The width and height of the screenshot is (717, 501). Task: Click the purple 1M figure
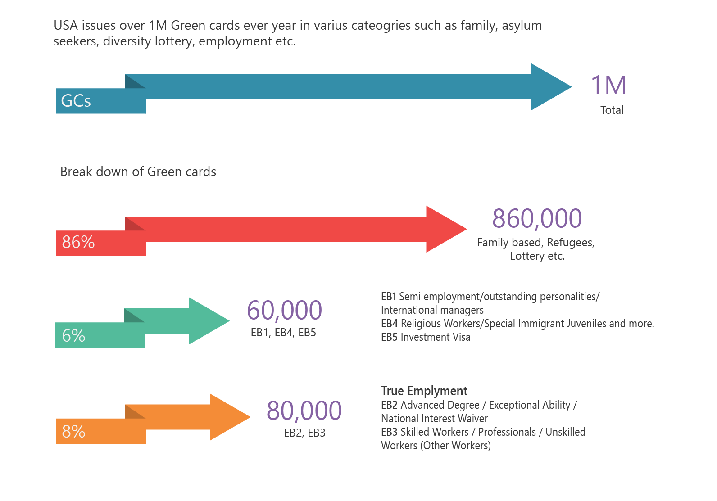coord(608,85)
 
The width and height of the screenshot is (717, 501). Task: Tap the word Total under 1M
coord(612,110)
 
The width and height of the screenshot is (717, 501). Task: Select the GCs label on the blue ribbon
coord(76,100)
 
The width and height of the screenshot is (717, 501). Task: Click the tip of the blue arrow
coord(572,87)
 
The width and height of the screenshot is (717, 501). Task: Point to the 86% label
coord(78,242)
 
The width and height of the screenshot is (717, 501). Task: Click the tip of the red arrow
coord(467,229)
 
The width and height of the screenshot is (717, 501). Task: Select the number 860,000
coord(537,218)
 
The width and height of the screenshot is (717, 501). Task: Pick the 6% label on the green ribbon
coord(73,336)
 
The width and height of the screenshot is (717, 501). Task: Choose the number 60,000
coord(284,310)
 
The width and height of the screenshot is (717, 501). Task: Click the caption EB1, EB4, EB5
coord(283,333)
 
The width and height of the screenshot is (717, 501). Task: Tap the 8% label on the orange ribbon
coord(73,431)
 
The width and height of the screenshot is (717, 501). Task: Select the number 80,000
coord(304,411)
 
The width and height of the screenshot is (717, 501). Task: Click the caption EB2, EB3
coord(304,433)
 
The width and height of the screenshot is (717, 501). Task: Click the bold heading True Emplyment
coord(424,391)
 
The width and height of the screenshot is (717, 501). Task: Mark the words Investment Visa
coord(436,337)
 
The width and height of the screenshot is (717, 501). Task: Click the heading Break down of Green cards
coord(138,172)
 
